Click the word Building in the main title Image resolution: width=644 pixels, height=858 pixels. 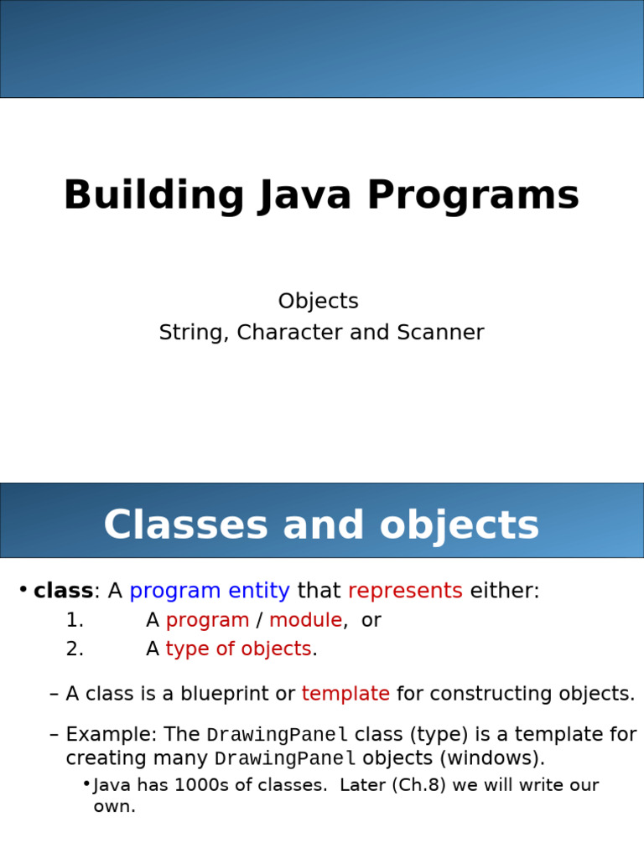click(x=153, y=196)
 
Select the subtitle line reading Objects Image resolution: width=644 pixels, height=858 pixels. click(x=319, y=302)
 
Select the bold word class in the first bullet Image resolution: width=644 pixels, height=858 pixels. click(x=63, y=591)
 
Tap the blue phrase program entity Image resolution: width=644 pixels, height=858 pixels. click(x=210, y=591)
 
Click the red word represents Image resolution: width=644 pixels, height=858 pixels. click(x=405, y=591)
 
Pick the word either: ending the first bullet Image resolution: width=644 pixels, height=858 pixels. click(x=505, y=591)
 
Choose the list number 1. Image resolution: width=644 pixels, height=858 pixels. click(x=75, y=621)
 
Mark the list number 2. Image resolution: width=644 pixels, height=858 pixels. click(x=75, y=649)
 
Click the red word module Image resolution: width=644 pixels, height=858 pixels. click(x=305, y=621)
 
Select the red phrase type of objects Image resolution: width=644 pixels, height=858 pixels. click(x=238, y=649)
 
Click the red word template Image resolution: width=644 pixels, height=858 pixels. click(x=345, y=695)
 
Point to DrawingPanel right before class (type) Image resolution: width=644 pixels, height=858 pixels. click(x=277, y=736)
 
